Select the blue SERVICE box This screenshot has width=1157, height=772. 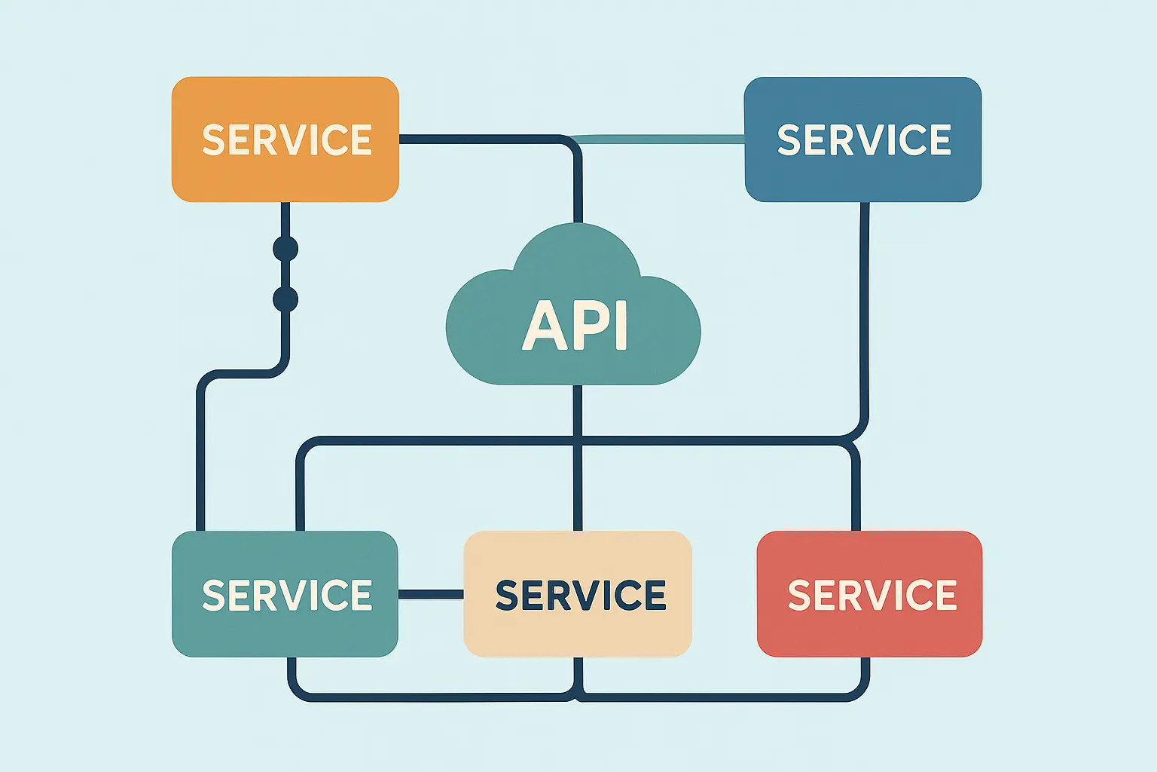(x=862, y=177)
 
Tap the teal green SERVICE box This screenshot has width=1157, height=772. (x=285, y=633)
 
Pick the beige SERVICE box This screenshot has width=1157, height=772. (x=578, y=633)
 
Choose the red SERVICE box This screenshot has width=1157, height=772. (x=869, y=633)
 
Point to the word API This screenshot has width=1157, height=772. (x=575, y=326)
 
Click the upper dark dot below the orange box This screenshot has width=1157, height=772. (x=285, y=248)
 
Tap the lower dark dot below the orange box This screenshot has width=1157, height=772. (x=285, y=299)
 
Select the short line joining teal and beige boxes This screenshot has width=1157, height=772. (x=431, y=595)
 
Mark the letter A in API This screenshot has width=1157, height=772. (x=541, y=326)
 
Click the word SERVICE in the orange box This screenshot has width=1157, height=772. (x=287, y=140)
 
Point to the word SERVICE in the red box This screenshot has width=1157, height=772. (x=872, y=596)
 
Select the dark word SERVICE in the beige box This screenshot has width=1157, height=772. (x=581, y=596)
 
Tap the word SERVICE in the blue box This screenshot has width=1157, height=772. (x=864, y=140)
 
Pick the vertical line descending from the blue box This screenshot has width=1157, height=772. (x=864, y=317)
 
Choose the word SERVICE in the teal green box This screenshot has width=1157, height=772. (x=287, y=596)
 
